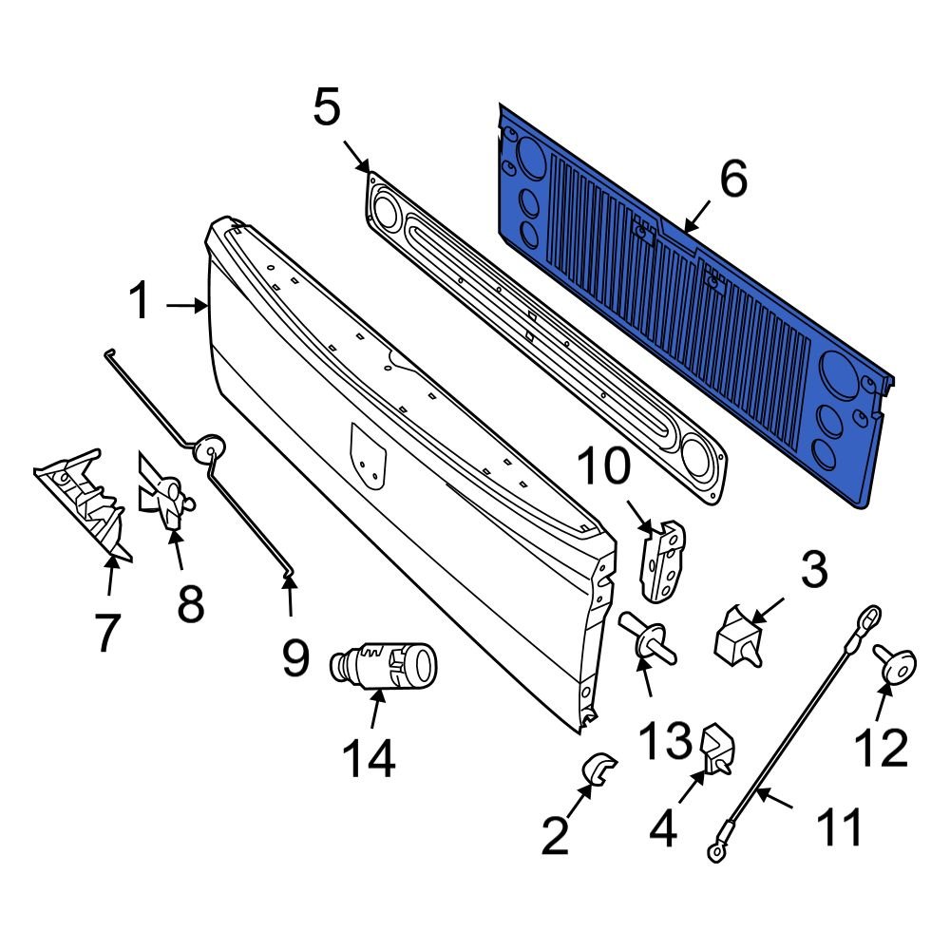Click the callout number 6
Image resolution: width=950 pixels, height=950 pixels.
tap(733, 179)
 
